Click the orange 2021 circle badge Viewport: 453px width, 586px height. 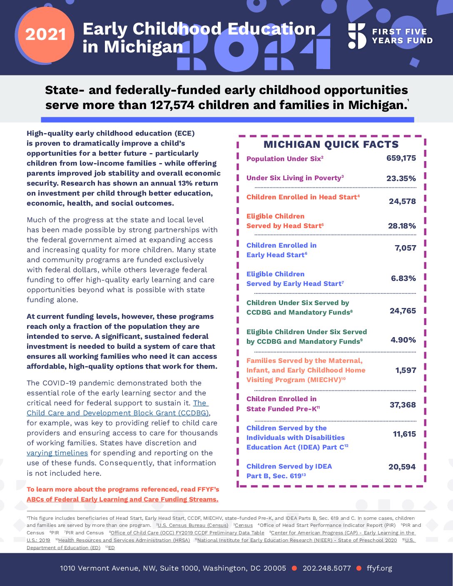(45, 35)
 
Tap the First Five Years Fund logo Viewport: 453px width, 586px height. (390, 36)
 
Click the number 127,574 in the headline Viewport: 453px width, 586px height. (172, 105)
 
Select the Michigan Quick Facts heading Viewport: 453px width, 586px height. (331, 144)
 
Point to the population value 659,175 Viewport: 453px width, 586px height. (401, 158)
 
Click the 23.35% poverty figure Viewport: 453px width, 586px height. (401, 179)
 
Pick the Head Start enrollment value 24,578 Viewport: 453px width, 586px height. (402, 201)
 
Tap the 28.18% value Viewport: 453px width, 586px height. (402, 226)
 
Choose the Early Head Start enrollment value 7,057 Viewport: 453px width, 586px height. (405, 248)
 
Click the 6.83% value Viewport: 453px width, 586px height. (403, 278)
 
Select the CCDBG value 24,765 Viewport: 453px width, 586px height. (403, 311)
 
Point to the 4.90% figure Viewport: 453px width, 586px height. (403, 340)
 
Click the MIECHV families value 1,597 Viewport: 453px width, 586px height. (406, 370)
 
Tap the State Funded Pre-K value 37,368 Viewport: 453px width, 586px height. (403, 405)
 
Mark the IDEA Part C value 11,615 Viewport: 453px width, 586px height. (404, 434)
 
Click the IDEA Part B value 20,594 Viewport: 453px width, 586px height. (402, 467)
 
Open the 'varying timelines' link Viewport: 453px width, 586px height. (57, 453)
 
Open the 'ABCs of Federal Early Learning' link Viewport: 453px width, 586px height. (122, 499)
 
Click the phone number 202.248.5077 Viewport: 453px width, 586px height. (326, 568)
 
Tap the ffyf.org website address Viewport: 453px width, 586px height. (379, 568)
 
